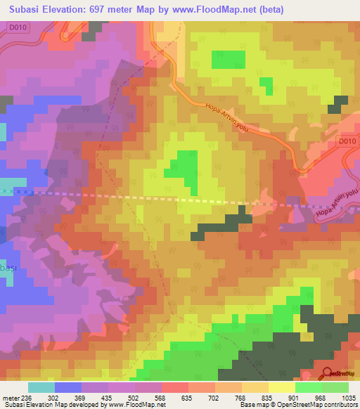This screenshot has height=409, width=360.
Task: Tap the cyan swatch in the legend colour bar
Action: point(41,387)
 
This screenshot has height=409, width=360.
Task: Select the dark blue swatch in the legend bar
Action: point(68,387)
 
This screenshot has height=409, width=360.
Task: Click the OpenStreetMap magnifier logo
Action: point(328,373)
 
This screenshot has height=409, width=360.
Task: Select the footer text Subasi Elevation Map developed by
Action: point(49,404)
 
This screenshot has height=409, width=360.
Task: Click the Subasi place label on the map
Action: point(8,268)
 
